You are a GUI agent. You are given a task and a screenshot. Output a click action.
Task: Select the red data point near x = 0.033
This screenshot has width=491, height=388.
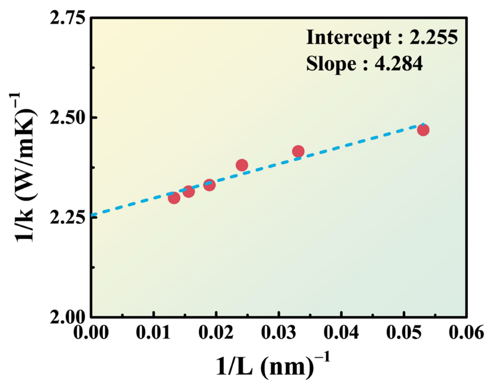pyautogui.click(x=298, y=151)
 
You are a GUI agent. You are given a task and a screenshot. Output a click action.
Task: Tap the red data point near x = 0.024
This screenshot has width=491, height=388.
pyautogui.click(x=242, y=165)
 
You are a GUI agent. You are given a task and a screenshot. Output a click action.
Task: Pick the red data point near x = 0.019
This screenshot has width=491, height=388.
pyautogui.click(x=209, y=185)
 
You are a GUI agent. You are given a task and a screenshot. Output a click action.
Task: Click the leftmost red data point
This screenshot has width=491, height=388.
pyautogui.click(x=174, y=198)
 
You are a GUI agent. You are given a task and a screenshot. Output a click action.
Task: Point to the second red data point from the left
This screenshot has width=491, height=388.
pyautogui.click(x=189, y=191)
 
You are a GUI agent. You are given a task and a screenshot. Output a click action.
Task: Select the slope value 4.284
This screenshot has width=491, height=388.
pyautogui.click(x=398, y=63)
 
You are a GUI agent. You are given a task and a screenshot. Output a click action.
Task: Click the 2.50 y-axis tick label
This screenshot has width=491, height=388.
pyautogui.click(x=67, y=118)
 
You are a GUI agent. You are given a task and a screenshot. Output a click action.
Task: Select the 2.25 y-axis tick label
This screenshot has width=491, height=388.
pyautogui.click(x=67, y=218)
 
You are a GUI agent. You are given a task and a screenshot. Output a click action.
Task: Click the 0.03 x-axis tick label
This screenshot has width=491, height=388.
pyautogui.click(x=279, y=332)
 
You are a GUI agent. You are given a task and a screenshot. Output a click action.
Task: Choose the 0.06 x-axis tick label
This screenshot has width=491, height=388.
pyautogui.click(x=466, y=332)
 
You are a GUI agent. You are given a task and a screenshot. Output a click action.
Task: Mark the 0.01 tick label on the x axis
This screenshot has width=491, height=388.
pyautogui.click(x=153, y=332)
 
